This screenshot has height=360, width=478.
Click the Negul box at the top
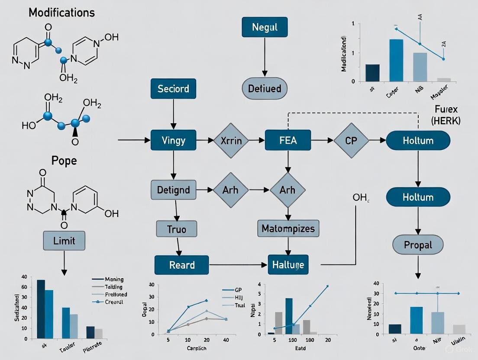pyautogui.click(x=265, y=27)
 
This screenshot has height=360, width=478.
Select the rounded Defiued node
pyautogui.click(x=264, y=89)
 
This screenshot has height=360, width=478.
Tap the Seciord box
pyautogui.click(x=173, y=89)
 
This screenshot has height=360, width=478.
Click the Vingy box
pyautogui.click(x=173, y=140)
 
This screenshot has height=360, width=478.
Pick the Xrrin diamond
pyautogui.click(x=231, y=140)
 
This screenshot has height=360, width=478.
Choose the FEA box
pyautogui.click(x=287, y=140)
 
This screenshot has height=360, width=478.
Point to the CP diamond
pyautogui.click(x=351, y=140)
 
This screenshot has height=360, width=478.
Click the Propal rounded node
pyautogui.click(x=418, y=245)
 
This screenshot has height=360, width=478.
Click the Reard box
pyautogui.click(x=182, y=265)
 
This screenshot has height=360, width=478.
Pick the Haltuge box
pyautogui.click(x=288, y=265)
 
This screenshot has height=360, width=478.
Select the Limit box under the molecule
pyautogui.click(x=64, y=240)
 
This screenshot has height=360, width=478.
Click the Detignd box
pyautogui.click(x=173, y=190)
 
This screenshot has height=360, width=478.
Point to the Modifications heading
pyautogui.click(x=61, y=12)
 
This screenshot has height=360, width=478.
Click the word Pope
pyautogui.click(x=64, y=161)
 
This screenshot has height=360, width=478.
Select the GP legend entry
pyautogui.click(x=238, y=290)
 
